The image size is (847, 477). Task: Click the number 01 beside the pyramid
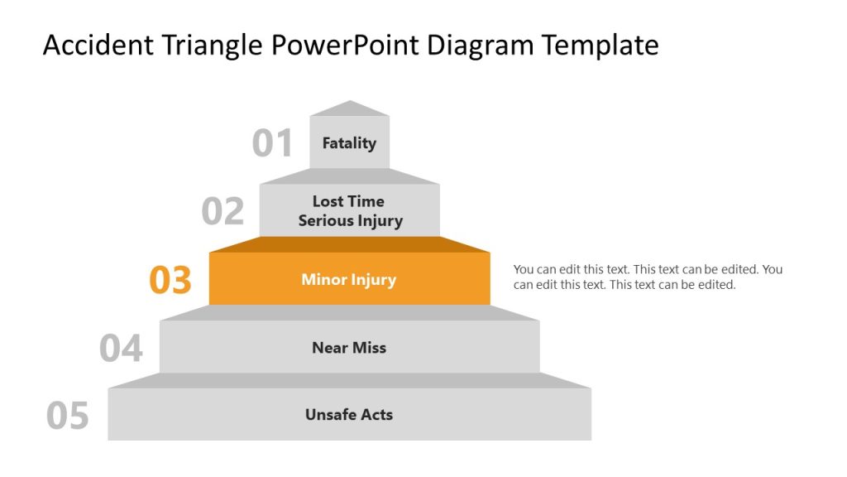(272, 143)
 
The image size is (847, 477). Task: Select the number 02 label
(223, 212)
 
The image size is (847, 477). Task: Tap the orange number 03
(170, 281)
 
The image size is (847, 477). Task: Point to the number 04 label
(121, 349)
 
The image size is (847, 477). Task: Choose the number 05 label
(68, 416)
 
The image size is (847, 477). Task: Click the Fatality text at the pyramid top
(349, 143)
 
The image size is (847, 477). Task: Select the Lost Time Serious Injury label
(349, 211)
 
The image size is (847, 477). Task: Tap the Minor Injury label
(349, 280)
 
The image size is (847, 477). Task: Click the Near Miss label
(349, 348)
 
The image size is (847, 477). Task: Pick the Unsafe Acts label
(349, 415)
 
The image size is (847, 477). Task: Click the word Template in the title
(601, 46)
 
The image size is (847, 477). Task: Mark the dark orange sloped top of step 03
(349, 245)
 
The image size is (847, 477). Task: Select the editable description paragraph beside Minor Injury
(648, 277)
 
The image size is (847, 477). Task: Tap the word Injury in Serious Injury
(378, 221)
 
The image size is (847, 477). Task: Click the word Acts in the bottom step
(376, 415)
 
